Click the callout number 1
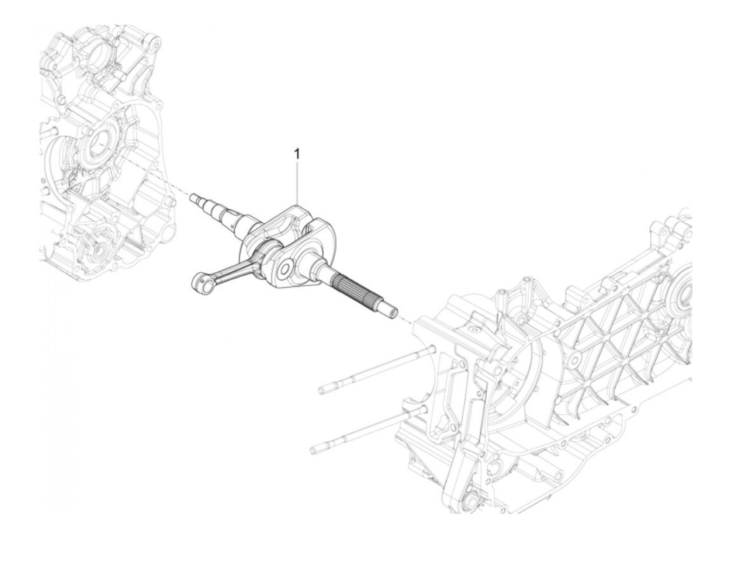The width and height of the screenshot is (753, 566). pyautogui.click(x=296, y=154)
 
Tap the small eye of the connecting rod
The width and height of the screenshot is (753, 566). pyautogui.click(x=200, y=282)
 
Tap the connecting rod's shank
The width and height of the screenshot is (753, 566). pyautogui.click(x=229, y=266)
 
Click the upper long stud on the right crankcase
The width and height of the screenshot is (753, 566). pyautogui.click(x=376, y=370)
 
